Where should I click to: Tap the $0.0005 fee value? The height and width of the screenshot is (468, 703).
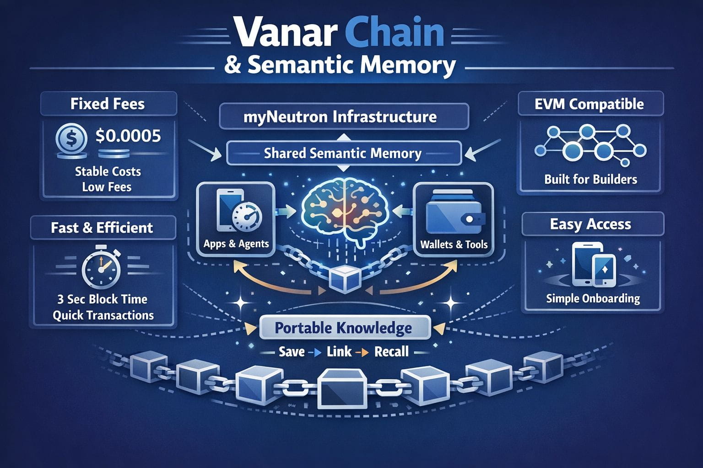[x=128, y=136]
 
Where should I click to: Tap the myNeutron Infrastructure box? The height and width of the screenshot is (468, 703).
[x=344, y=117]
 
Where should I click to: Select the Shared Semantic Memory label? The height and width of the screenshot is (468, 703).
[x=343, y=153]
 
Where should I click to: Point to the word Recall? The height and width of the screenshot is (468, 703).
[x=391, y=351]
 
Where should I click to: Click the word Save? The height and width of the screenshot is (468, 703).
[x=292, y=351]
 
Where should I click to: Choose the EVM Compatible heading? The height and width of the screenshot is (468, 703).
[x=589, y=104]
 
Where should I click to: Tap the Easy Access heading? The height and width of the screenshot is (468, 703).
[x=590, y=224]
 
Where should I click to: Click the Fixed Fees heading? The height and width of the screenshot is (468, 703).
[x=108, y=104]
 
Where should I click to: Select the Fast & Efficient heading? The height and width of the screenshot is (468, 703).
[x=102, y=228]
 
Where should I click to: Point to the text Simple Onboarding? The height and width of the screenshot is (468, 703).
[x=593, y=298]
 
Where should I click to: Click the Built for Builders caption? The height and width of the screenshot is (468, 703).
[x=590, y=179]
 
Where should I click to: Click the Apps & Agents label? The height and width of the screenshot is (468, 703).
[x=236, y=244]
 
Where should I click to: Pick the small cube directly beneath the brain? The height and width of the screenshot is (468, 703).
[x=343, y=280]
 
